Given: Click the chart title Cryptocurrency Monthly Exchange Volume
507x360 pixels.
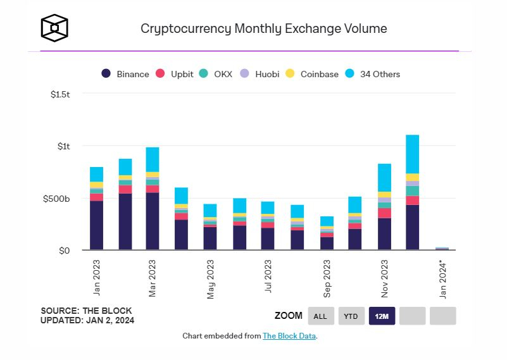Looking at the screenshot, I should (263, 28).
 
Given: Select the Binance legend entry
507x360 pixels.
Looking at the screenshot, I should (125, 74).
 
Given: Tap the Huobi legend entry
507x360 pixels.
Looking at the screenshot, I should (260, 74).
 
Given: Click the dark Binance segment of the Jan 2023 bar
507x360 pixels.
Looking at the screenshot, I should (96, 225).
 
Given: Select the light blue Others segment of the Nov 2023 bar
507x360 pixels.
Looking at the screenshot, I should (384, 177).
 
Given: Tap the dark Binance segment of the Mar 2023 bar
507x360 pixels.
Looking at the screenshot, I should (153, 221).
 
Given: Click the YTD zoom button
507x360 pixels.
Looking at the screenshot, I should (351, 316).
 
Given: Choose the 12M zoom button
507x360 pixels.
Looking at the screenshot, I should (381, 316).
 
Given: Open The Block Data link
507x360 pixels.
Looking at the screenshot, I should (289, 336).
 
